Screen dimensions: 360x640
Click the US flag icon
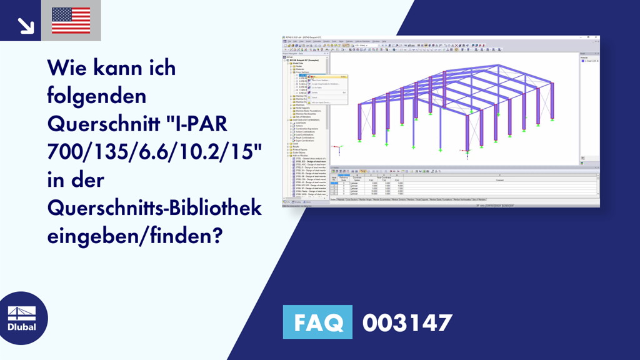[71, 21]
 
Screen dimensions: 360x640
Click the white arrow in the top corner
[26, 25]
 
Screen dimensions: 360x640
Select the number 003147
[407, 323]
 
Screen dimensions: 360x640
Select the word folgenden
[96, 95]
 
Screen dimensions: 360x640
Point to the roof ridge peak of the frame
[498, 65]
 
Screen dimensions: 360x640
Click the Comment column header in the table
[500, 179]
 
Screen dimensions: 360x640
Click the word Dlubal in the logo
[21, 326]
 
